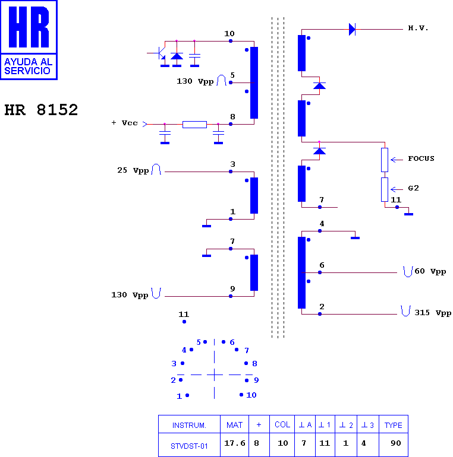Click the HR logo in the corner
(x=29, y=40)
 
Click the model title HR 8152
(x=41, y=110)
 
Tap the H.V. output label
(x=418, y=28)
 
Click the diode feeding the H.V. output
(x=353, y=30)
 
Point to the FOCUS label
(x=421, y=158)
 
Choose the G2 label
(x=413, y=188)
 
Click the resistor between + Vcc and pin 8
(x=194, y=125)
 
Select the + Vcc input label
(x=125, y=123)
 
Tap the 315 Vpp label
(x=433, y=313)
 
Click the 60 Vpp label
(x=430, y=271)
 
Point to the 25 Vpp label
(x=133, y=170)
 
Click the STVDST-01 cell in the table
(x=189, y=446)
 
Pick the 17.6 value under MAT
(x=235, y=443)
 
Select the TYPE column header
(x=393, y=425)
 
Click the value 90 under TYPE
(x=396, y=443)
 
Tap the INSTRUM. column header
(x=189, y=426)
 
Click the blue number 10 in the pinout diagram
(x=251, y=395)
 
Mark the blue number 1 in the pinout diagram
(x=179, y=396)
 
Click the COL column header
(x=282, y=424)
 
